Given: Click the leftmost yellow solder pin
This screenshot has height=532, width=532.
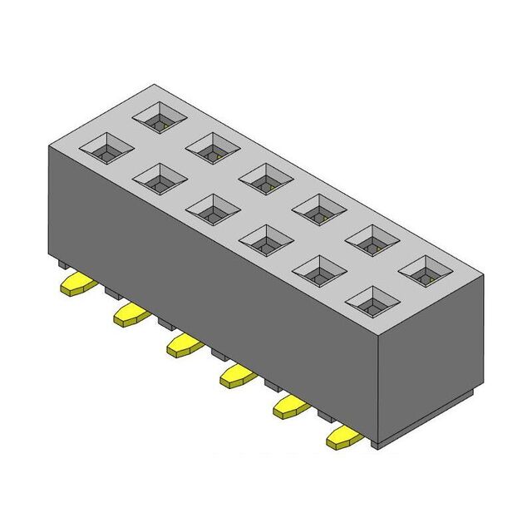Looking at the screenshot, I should coord(76,285).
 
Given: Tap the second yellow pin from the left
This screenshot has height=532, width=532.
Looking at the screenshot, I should coord(130,313).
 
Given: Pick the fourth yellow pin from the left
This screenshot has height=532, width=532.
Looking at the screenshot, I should coord(236,375).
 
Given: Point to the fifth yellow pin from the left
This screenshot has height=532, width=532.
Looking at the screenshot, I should coord(290,406).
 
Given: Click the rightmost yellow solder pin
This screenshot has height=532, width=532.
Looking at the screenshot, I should coord(343,436).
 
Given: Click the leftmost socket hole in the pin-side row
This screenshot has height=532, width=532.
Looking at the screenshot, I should coord(106,150).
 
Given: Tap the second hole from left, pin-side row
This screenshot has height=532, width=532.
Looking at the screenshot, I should coord(159,178).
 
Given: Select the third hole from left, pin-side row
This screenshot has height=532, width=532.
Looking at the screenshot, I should coord(212,209).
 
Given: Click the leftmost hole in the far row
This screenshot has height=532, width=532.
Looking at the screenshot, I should coord(160,119).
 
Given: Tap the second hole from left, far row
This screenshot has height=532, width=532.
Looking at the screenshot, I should coord(213,148).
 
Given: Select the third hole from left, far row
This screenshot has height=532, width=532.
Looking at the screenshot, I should coord(266,178).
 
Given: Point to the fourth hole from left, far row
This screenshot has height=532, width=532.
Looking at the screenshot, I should coord(319,209).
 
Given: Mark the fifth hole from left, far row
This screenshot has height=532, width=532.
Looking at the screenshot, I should coord(372,239).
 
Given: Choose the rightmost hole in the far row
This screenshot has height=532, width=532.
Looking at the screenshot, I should coord(426,270).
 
